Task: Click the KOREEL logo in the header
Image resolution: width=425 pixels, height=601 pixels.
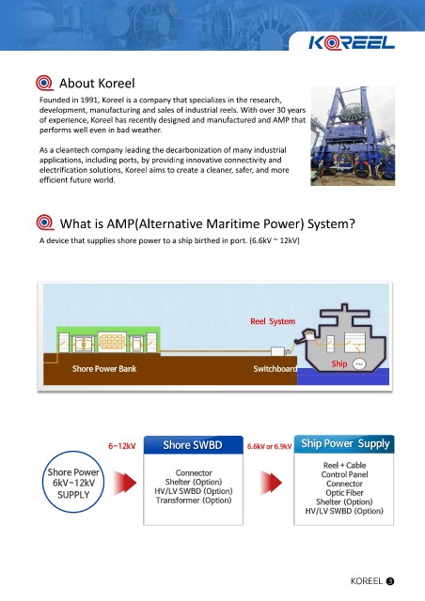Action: [x=352, y=42]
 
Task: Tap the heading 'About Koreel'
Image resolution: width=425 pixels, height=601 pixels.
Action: [x=97, y=84]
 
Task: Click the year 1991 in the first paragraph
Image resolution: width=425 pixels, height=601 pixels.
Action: [x=89, y=100]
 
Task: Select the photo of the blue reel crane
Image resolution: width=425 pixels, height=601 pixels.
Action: [x=353, y=136]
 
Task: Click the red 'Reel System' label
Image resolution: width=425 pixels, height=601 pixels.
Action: [x=273, y=321]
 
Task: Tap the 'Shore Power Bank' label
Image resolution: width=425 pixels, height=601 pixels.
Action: [x=104, y=369]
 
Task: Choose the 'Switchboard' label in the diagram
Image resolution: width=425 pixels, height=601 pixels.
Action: [x=275, y=369]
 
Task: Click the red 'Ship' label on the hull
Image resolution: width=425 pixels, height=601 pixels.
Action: [x=339, y=363]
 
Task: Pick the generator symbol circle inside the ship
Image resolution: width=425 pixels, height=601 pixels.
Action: [x=359, y=363]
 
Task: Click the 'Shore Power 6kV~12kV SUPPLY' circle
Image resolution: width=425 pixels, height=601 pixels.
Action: [x=73, y=482]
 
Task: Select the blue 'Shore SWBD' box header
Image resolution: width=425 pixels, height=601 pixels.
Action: [x=193, y=444]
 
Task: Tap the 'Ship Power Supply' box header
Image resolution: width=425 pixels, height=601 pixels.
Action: [x=344, y=444]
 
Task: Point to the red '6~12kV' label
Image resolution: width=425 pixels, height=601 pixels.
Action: [x=121, y=446]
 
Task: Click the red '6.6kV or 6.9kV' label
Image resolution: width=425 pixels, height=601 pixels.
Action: [x=269, y=446]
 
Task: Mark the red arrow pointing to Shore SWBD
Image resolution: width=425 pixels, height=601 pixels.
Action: [x=125, y=483]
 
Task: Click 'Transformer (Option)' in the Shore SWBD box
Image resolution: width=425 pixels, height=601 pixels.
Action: [x=194, y=501]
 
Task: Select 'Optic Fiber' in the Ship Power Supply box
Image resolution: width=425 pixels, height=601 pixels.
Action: [x=344, y=492]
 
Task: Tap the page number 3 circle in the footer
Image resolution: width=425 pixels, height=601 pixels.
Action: [x=390, y=581]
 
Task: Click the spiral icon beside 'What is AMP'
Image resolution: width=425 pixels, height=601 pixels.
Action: [x=45, y=223]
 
